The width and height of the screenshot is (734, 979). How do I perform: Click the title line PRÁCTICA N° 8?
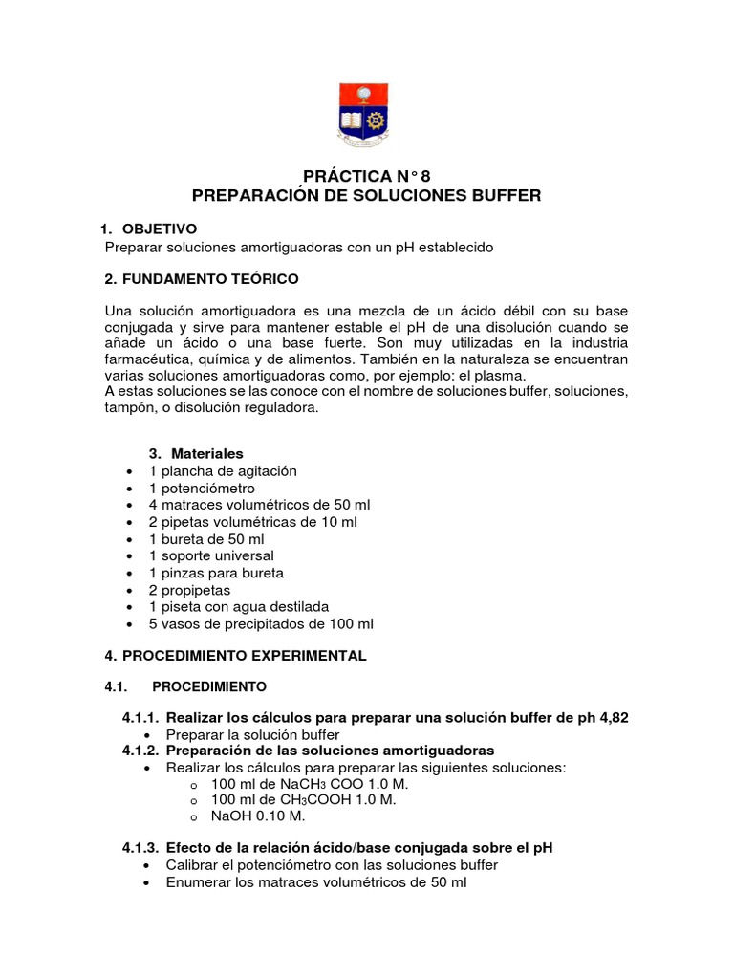367,176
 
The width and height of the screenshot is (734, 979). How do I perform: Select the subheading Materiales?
207,453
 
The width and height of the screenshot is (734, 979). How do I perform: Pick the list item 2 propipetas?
189,590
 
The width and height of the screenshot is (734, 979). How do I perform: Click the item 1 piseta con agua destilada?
239,607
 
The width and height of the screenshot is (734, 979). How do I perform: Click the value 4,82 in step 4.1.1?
610,718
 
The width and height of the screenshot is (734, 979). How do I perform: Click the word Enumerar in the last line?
200,882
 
